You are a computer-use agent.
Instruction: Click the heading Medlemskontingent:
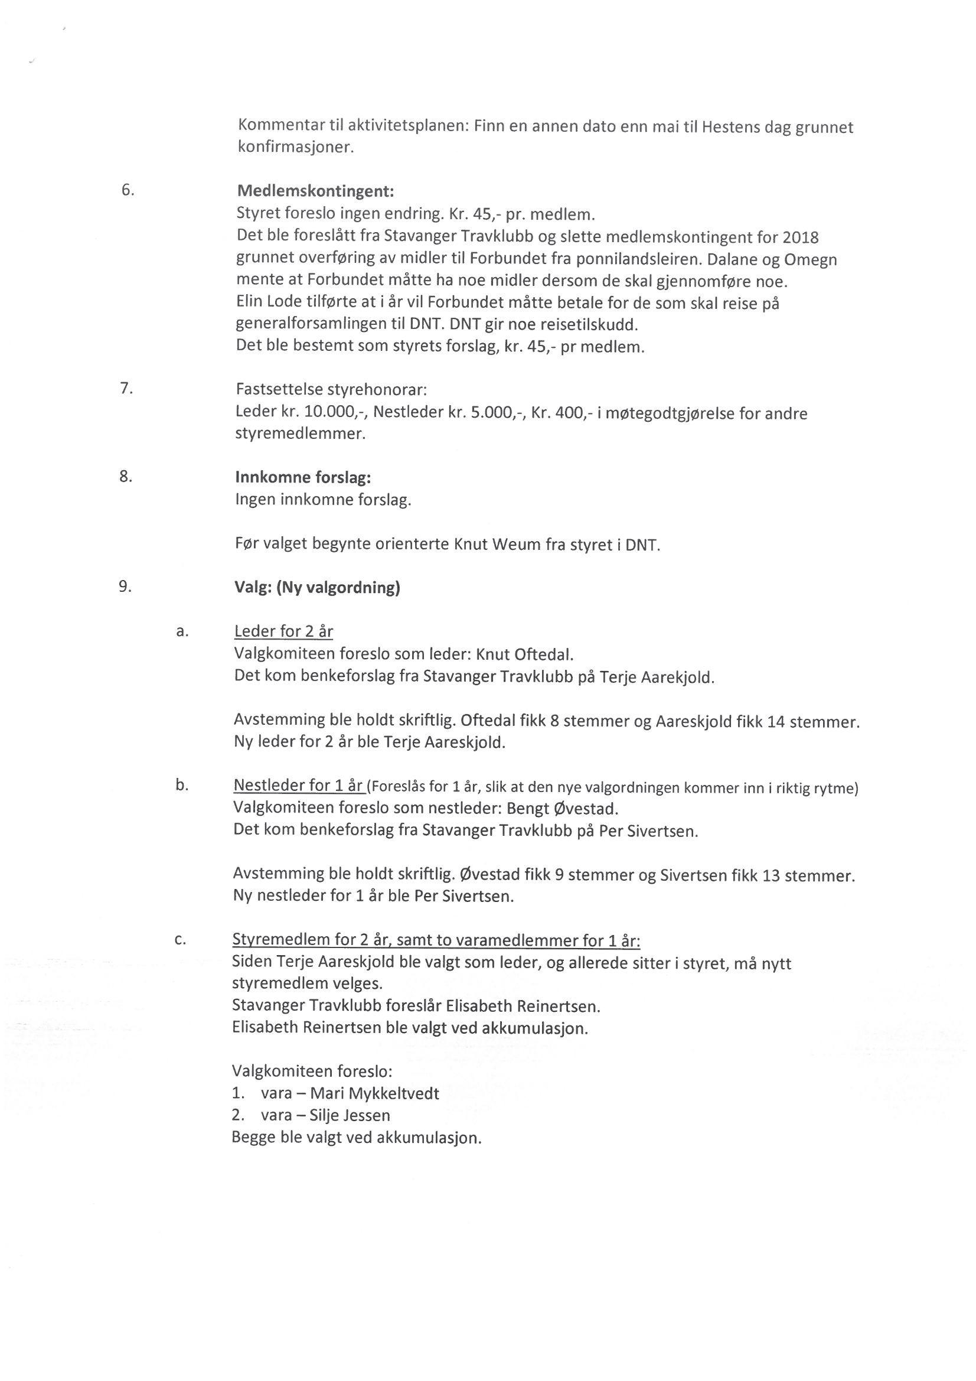coord(316,192)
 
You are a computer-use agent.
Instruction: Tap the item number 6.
coord(128,190)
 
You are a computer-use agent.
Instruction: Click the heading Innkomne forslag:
coord(303,478)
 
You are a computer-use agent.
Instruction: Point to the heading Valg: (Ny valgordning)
coord(317,587)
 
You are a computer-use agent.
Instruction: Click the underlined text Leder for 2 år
coord(283,631)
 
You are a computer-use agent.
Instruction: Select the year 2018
coord(801,237)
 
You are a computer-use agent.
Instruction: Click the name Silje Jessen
coord(350,1116)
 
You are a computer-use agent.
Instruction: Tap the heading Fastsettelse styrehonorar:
coord(331,389)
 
